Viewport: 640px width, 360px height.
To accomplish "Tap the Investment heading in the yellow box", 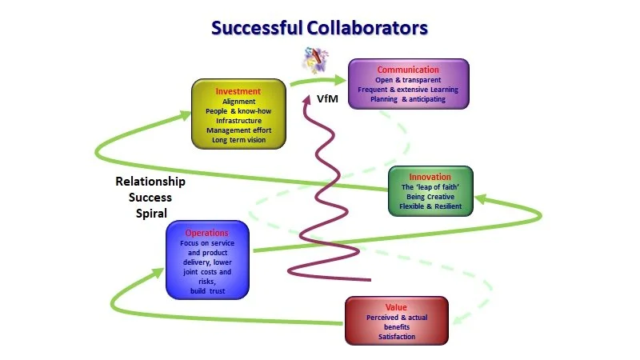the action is pyautogui.click(x=238, y=91).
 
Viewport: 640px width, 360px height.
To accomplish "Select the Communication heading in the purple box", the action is pyautogui.click(x=408, y=70).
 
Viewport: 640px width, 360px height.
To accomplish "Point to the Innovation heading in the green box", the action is pyautogui.click(x=430, y=177).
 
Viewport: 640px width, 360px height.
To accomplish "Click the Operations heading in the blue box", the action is pyautogui.click(x=207, y=233).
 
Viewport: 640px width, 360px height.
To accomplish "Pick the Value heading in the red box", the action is pyautogui.click(x=397, y=306).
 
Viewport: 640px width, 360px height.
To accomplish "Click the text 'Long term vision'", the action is pyautogui.click(x=238, y=140).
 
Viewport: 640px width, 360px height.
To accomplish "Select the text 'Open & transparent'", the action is pyautogui.click(x=408, y=80).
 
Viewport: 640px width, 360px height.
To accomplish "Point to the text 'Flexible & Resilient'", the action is pyautogui.click(x=430, y=206).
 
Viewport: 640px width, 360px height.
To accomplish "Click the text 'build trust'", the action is pyautogui.click(x=207, y=291).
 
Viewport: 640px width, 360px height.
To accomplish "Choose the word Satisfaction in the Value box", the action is pyautogui.click(x=397, y=337).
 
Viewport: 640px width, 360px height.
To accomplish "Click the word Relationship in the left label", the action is pyautogui.click(x=150, y=182).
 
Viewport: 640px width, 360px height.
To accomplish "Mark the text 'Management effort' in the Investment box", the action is pyautogui.click(x=238, y=130).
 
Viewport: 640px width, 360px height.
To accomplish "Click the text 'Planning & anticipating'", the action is pyautogui.click(x=408, y=99).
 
